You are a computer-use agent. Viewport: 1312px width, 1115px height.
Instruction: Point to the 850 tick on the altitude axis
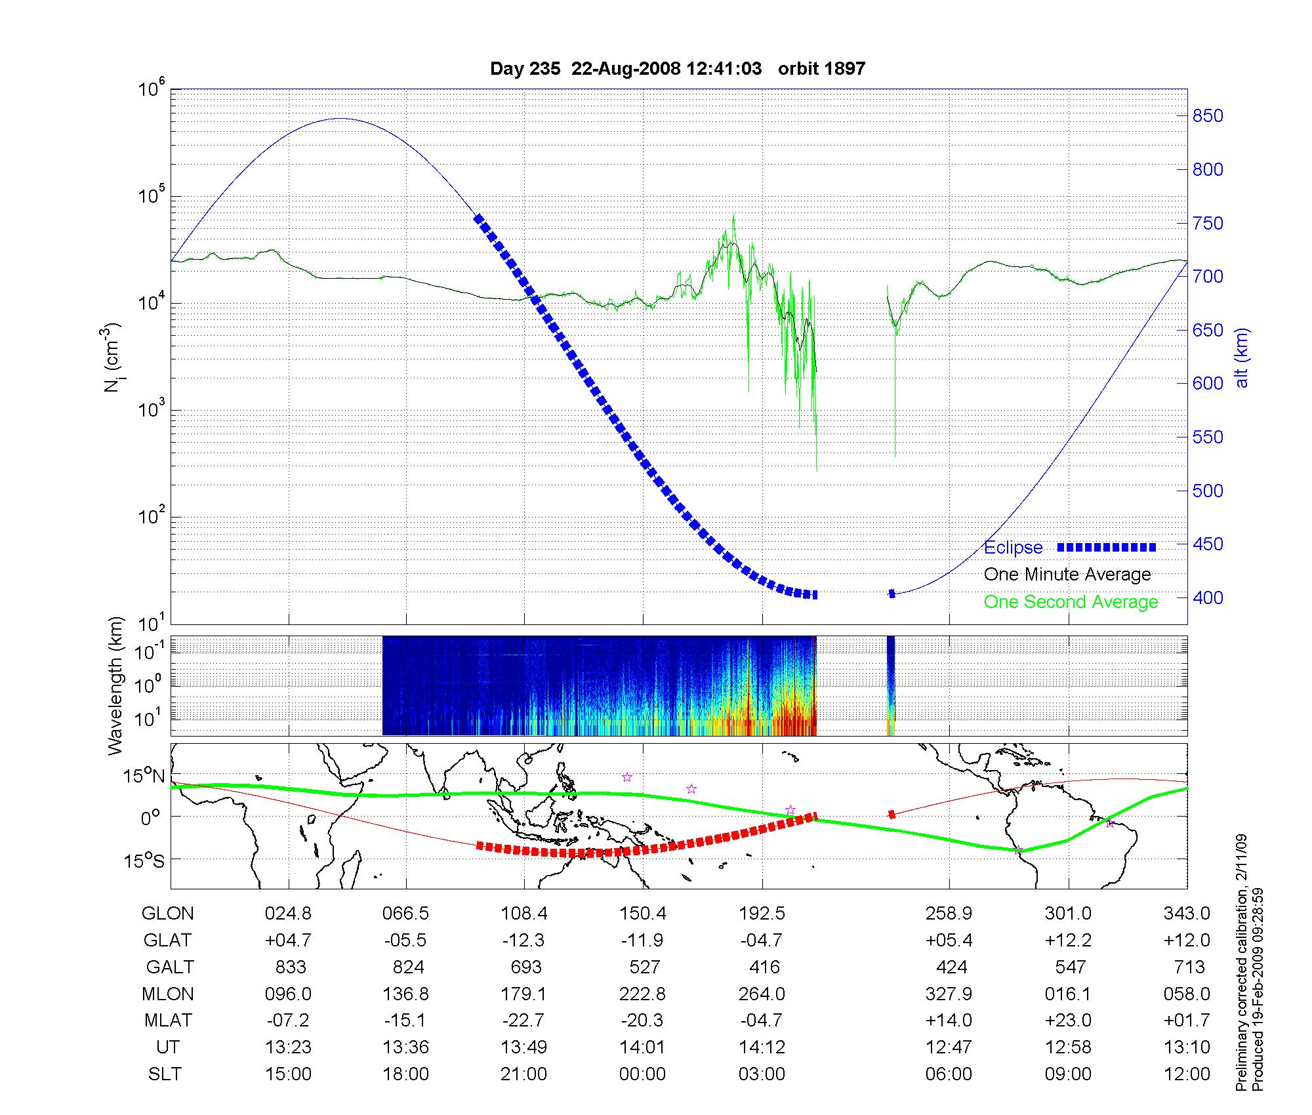pos(1207,116)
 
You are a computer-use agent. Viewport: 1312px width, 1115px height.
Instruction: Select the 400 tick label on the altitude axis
pos(1207,598)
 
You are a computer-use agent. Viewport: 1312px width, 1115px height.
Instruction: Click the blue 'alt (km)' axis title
pos(1242,357)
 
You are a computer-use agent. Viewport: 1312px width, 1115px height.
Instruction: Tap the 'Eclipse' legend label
pos(1013,548)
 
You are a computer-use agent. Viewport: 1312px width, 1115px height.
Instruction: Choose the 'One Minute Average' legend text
pos(1067,575)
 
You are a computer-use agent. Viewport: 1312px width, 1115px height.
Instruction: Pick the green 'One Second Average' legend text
pos(1071,602)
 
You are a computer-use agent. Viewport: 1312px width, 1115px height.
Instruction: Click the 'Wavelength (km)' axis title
pos(116,685)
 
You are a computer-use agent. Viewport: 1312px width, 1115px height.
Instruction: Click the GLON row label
pos(168,913)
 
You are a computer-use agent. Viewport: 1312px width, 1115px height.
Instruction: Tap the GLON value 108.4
pos(523,913)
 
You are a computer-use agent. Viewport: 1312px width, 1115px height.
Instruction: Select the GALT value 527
pos(644,967)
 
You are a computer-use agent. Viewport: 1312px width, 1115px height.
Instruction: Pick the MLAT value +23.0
pos(1068,1021)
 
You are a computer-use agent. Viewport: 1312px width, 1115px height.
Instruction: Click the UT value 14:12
pos(762,1047)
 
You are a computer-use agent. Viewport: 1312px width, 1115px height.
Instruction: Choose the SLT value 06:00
pos(949,1074)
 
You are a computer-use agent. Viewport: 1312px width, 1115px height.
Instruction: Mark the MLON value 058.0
pos(1187,994)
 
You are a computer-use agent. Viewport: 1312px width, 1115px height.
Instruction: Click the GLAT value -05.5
pos(405,940)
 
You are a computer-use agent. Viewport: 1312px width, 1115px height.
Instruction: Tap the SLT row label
pos(165,1074)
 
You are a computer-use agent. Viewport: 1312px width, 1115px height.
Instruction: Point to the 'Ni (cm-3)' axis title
pos(112,357)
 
